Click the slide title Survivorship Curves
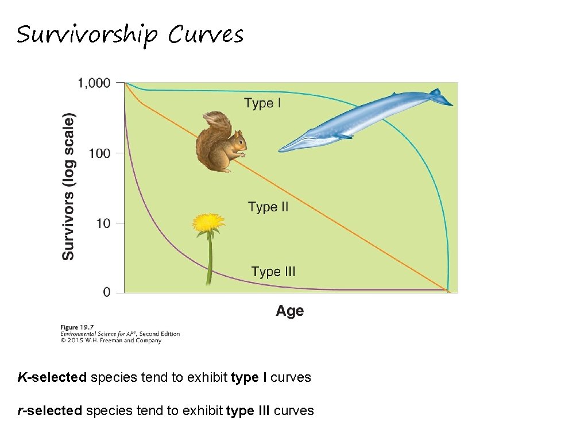[x=130, y=35]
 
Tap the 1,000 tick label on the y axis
[x=94, y=83]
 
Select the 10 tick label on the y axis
[x=103, y=223]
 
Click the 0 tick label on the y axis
[x=107, y=292]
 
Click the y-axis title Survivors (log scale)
[x=68, y=187]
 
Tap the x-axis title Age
[x=289, y=311]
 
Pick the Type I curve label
[x=262, y=103]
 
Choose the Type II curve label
[x=268, y=207]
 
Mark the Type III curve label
[x=273, y=272]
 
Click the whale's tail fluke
[x=440, y=98]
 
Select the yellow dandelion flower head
[x=208, y=223]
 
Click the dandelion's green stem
[x=209, y=261]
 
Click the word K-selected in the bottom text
[x=52, y=377]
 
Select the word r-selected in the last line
[x=50, y=411]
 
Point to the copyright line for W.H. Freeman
[x=111, y=341]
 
